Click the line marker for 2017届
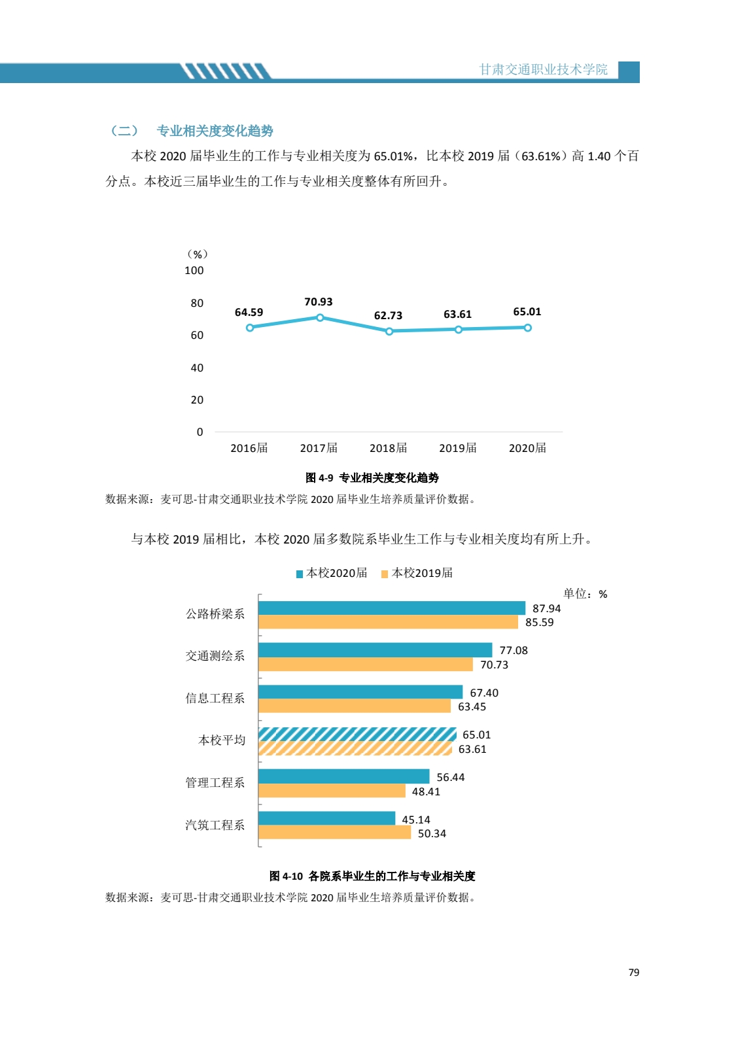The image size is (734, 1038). pyautogui.click(x=320, y=318)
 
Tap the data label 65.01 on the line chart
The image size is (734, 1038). pyautogui.click(x=527, y=312)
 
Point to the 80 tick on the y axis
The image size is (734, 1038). pyautogui.click(x=197, y=303)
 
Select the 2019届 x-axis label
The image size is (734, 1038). pyautogui.click(x=457, y=448)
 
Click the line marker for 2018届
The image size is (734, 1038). pyautogui.click(x=389, y=332)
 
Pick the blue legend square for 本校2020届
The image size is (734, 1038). pyautogui.click(x=300, y=574)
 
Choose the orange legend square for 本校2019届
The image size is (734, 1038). pyautogui.click(x=385, y=574)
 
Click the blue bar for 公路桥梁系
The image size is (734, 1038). pyautogui.click(x=391, y=608)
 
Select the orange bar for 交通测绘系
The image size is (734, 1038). pyautogui.click(x=365, y=665)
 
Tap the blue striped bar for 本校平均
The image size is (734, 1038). pyautogui.click(x=357, y=735)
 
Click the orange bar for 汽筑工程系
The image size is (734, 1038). pyautogui.click(x=334, y=833)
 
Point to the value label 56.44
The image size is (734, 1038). pyautogui.click(x=451, y=778)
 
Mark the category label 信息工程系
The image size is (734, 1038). pyautogui.click(x=215, y=699)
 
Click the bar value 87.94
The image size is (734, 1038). pyautogui.click(x=546, y=609)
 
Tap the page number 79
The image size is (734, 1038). pyautogui.click(x=633, y=973)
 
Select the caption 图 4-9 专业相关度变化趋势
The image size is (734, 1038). pyautogui.click(x=372, y=478)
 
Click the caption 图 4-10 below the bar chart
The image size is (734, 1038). pyautogui.click(x=372, y=876)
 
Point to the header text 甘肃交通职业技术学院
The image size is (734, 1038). pyautogui.click(x=543, y=69)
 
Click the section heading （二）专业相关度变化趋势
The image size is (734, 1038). pyautogui.click(x=192, y=131)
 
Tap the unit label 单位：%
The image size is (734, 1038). pyautogui.click(x=585, y=594)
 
